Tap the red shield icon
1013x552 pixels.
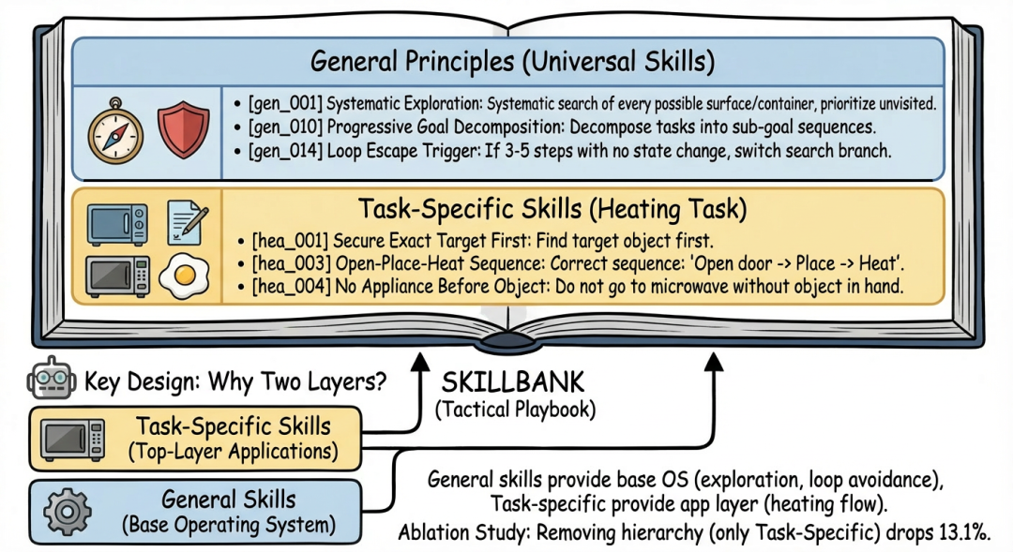coord(183,130)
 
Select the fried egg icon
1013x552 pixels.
coord(185,276)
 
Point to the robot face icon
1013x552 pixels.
coord(52,381)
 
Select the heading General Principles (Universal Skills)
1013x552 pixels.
coord(512,63)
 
